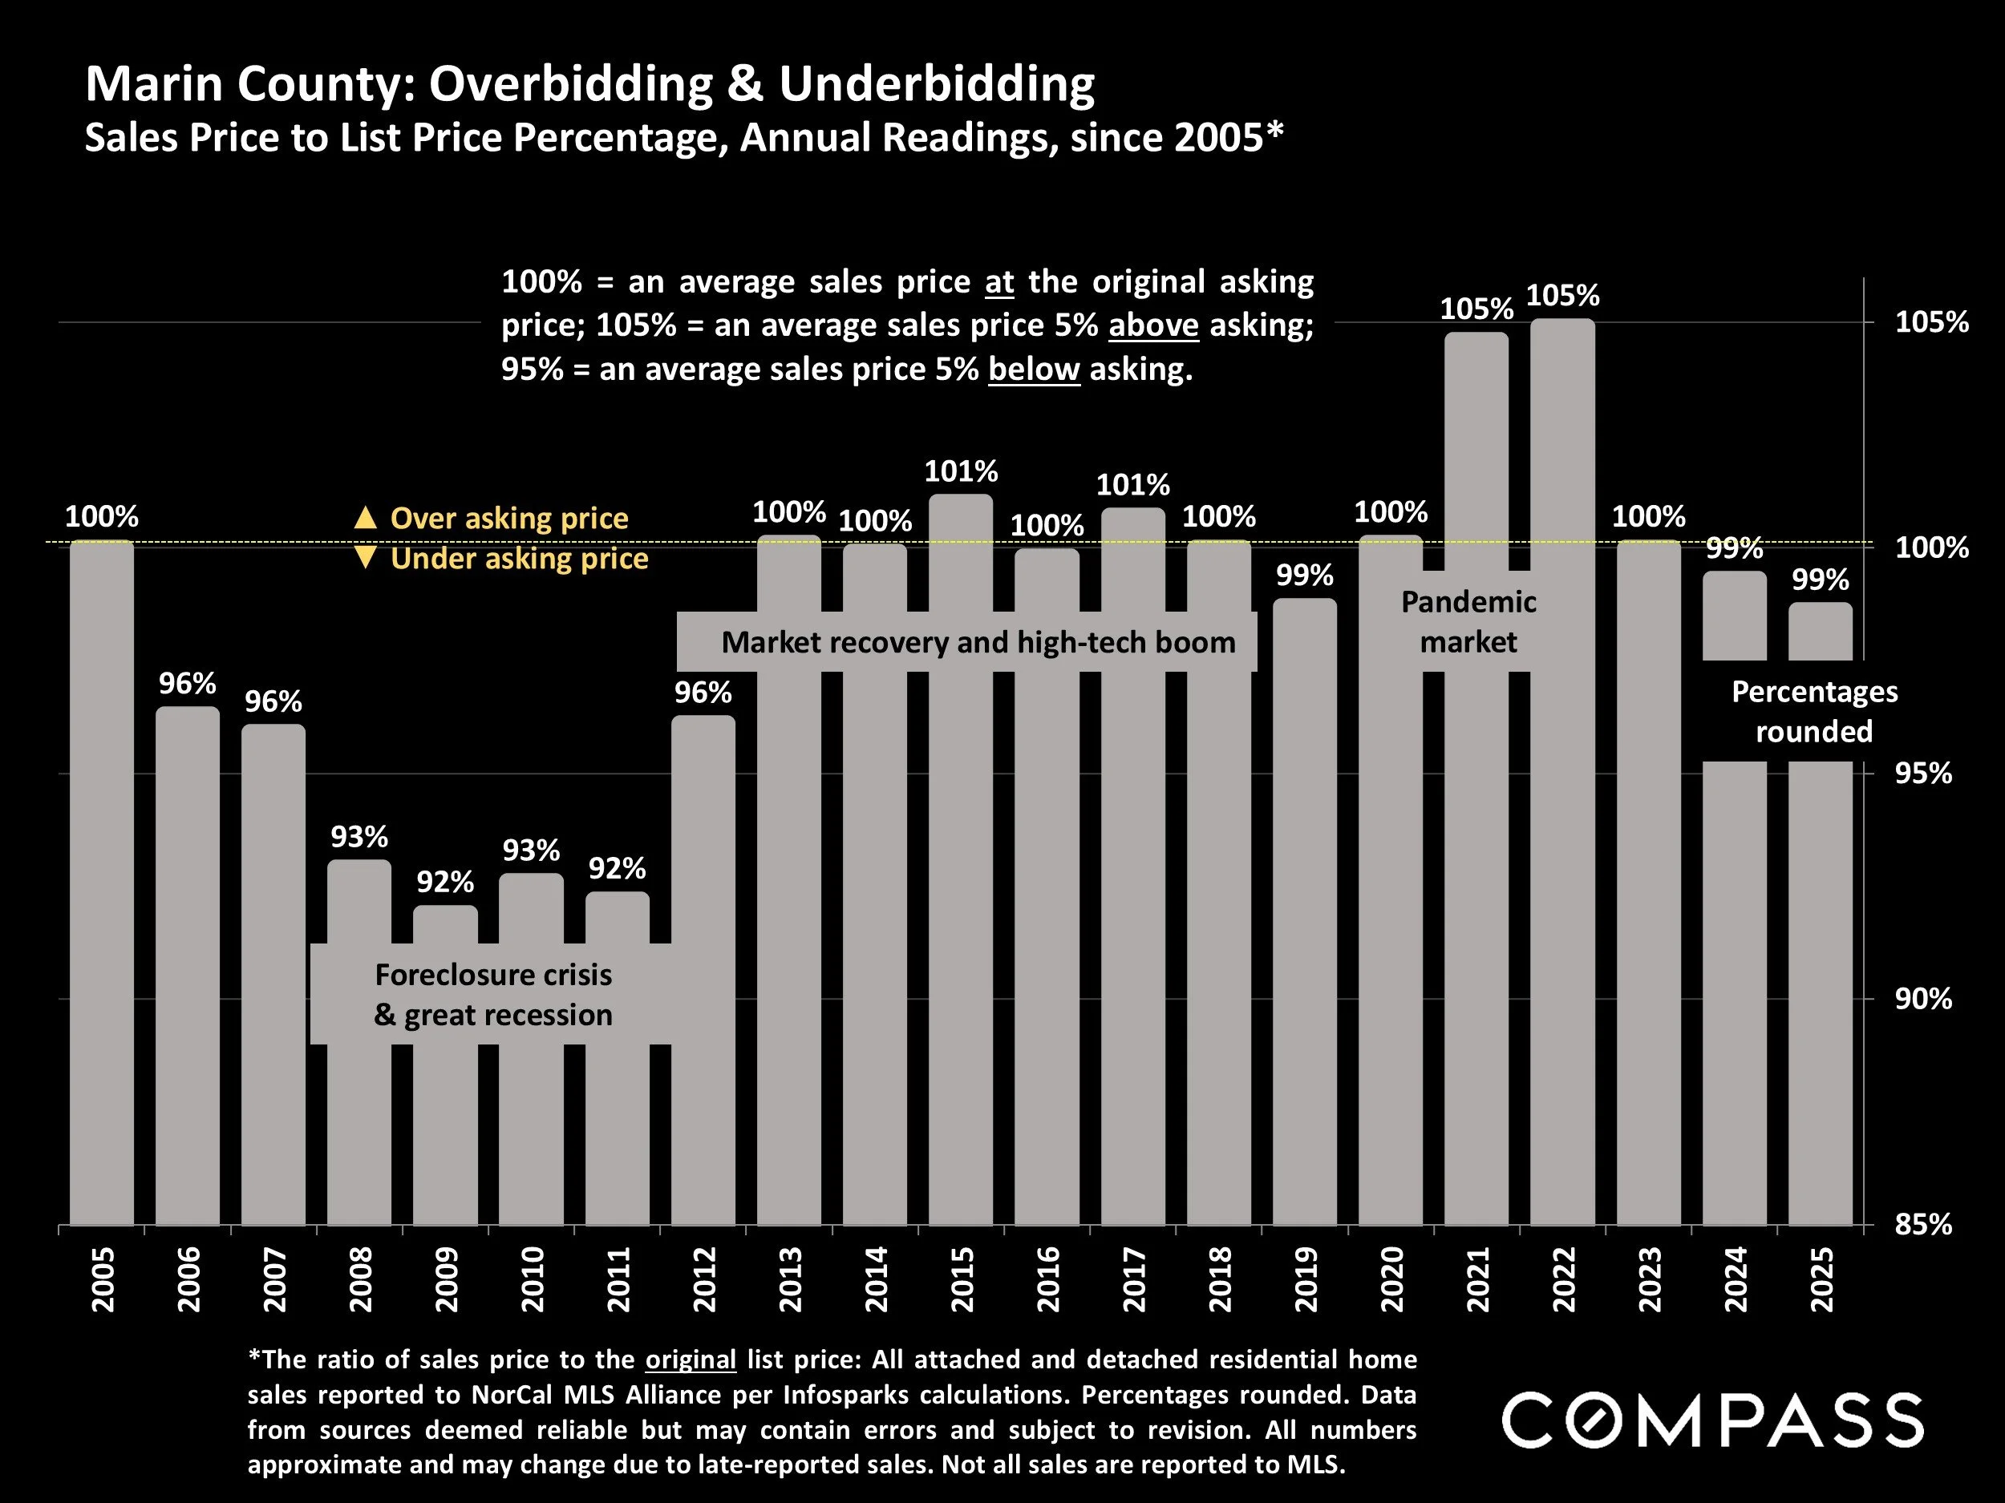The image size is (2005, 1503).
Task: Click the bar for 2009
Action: pyautogui.click(x=445, y=1133)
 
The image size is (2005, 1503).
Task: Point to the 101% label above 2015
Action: pyautogui.click(x=961, y=471)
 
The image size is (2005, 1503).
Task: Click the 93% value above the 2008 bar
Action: pyautogui.click(x=359, y=836)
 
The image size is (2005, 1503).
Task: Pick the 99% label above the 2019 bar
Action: pyautogui.click(x=1304, y=576)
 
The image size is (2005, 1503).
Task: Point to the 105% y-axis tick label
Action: pyautogui.click(x=1931, y=321)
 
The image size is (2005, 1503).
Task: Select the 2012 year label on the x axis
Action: pyautogui.click(x=704, y=1279)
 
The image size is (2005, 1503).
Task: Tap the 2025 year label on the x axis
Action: pyautogui.click(x=1822, y=1279)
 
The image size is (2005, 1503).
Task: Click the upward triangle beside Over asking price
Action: pyautogui.click(x=365, y=517)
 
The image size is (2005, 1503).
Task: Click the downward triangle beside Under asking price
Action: pyautogui.click(x=365, y=557)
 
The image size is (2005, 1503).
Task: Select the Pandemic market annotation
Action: pyautogui.click(x=1468, y=621)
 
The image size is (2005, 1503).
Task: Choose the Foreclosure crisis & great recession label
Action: pyautogui.click(x=493, y=994)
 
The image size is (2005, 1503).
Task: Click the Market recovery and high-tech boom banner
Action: pyautogui.click(x=978, y=642)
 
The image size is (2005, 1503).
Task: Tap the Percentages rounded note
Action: pyautogui.click(x=1814, y=711)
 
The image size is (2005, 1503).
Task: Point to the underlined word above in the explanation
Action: pyautogui.click(x=1153, y=325)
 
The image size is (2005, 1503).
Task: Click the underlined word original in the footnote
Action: pyautogui.click(x=691, y=1359)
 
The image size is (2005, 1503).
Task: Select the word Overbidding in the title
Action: pyautogui.click(x=572, y=83)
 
